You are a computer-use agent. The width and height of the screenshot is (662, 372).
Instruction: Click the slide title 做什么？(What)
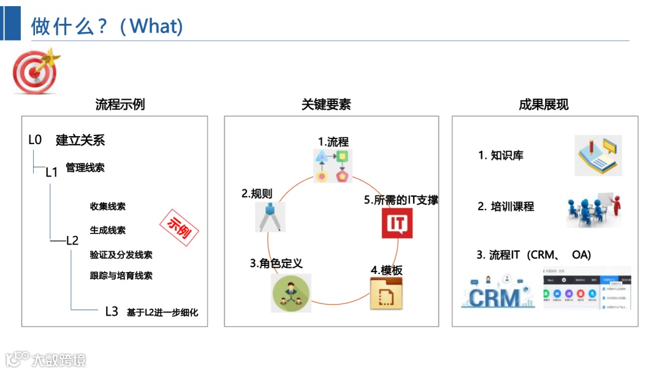coord(107,26)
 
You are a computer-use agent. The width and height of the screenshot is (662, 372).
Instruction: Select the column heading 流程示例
coord(120,104)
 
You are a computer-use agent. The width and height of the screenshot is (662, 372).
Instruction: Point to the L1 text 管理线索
coord(85,167)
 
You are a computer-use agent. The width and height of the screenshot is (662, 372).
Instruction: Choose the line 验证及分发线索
coord(121,255)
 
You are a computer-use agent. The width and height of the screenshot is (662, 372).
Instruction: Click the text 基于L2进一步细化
coord(162,312)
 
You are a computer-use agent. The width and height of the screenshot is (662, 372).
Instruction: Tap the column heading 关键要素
coord(326,104)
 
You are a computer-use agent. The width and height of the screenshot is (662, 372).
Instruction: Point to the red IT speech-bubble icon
coord(397,223)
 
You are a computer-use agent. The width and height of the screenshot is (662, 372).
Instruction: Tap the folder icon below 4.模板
coord(387,294)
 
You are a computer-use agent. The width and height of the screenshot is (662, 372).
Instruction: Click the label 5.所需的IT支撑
coord(401,200)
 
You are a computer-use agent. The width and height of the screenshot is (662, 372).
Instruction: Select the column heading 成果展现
coord(544,104)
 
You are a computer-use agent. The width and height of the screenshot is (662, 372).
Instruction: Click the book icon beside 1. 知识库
coord(598,156)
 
